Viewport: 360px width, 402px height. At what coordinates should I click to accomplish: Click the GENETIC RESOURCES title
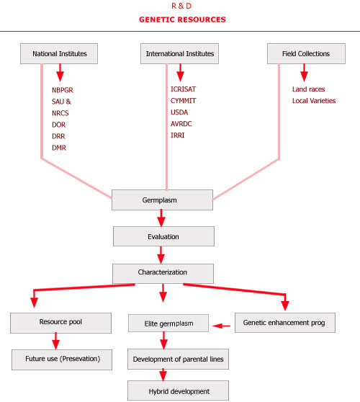click(x=181, y=19)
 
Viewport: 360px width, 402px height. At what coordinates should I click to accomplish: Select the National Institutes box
click(x=60, y=53)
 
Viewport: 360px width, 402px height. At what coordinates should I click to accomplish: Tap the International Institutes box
click(x=180, y=53)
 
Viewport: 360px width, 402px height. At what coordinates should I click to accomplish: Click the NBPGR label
click(x=63, y=90)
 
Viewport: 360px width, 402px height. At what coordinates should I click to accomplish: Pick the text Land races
click(x=308, y=90)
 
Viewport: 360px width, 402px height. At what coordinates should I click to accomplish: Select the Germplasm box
click(x=162, y=200)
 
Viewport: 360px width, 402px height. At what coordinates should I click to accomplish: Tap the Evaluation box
click(x=163, y=236)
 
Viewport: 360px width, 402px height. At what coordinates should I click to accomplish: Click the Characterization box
click(x=162, y=273)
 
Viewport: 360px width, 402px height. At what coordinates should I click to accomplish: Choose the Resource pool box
click(x=60, y=322)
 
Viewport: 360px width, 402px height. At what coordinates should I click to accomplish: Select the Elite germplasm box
click(x=168, y=323)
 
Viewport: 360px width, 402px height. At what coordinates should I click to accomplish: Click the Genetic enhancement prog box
click(x=285, y=322)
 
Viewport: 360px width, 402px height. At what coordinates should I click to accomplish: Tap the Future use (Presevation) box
click(x=62, y=359)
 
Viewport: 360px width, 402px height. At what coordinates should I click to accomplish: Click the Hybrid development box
click(x=178, y=390)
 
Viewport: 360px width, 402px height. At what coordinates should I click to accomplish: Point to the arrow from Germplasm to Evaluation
click(x=162, y=218)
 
